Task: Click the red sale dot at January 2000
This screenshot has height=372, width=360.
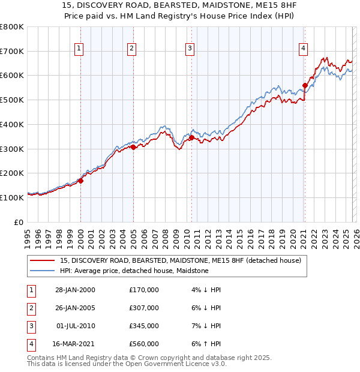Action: point(80,181)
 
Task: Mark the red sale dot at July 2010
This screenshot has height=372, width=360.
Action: point(191,137)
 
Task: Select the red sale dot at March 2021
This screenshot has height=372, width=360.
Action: point(305,85)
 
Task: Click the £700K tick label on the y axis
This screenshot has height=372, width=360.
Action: point(12,52)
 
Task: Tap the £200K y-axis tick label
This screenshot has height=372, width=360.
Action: point(12,173)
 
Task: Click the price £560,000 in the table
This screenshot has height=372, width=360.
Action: point(144,344)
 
